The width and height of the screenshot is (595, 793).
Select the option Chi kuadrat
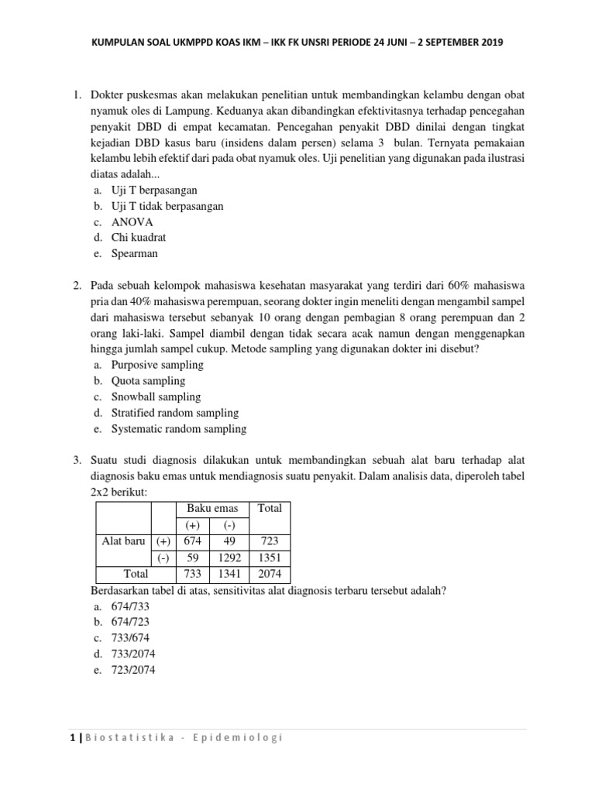139,238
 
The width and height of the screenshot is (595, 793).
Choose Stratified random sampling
175,413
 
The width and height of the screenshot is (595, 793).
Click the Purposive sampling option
157,365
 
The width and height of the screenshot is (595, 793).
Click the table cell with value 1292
229,558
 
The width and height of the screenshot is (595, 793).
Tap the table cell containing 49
229,541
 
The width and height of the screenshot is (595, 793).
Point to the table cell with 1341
229,575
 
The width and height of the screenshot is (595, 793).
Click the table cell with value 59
194,558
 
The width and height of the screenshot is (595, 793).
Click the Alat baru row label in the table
124,541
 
